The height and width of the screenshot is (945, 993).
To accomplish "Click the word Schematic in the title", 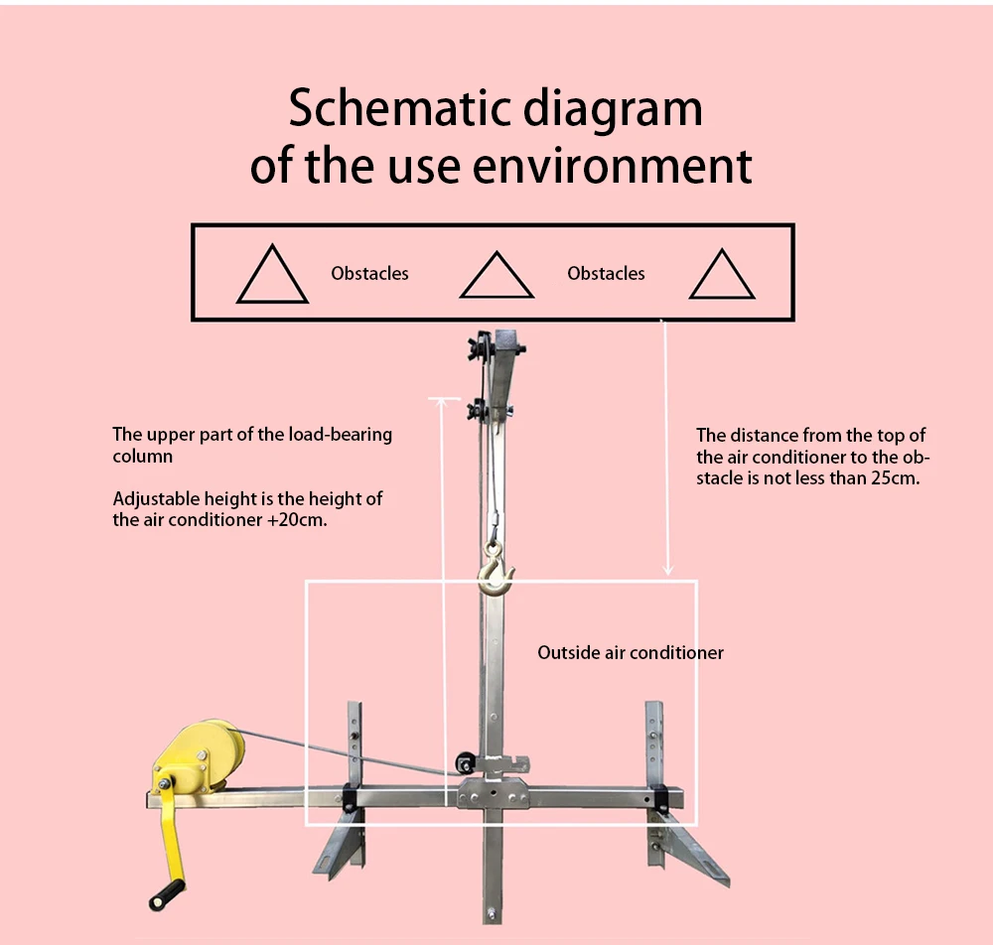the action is coord(399,108).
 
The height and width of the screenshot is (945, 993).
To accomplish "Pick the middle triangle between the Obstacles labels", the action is coord(496,275).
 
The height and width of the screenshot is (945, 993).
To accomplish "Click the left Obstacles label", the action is coord(369,273).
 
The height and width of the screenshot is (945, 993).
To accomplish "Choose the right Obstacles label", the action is coord(606,273).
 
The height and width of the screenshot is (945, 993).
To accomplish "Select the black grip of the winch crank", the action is coord(167,894).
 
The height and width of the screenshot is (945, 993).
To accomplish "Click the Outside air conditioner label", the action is coord(631,652).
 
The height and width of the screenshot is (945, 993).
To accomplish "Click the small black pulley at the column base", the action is coord(466,763).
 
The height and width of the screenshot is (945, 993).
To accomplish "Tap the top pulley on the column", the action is coord(481,348).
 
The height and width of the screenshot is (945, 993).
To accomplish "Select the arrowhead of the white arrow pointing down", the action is coord(667,570).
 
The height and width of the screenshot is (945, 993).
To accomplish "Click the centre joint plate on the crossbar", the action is coord(494,794).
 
